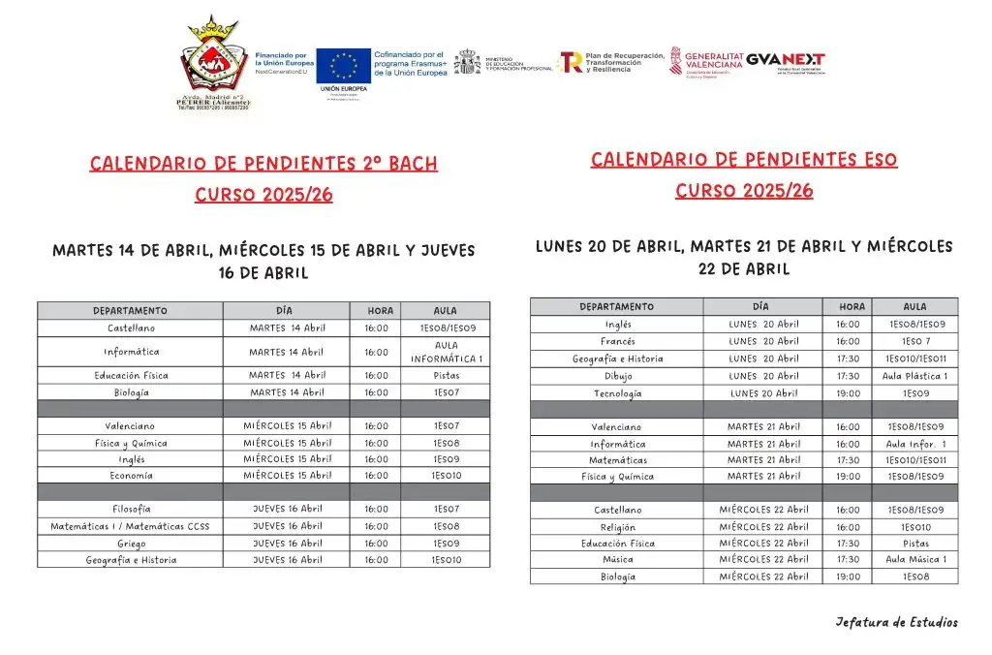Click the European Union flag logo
(x=343, y=65)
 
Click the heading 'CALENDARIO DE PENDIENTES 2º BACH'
(x=263, y=163)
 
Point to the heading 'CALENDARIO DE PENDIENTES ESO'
(x=744, y=159)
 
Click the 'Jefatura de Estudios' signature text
(x=896, y=622)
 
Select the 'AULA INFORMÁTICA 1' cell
(x=446, y=352)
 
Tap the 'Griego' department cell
(x=131, y=544)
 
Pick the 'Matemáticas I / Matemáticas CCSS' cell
(x=131, y=526)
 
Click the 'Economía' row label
(x=131, y=476)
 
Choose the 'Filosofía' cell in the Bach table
(x=131, y=509)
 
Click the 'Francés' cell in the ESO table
(x=617, y=341)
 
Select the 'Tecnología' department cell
(x=617, y=393)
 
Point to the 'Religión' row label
(x=617, y=527)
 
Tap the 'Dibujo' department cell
(x=617, y=376)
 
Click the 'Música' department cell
(x=617, y=559)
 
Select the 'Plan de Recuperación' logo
(x=612, y=62)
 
